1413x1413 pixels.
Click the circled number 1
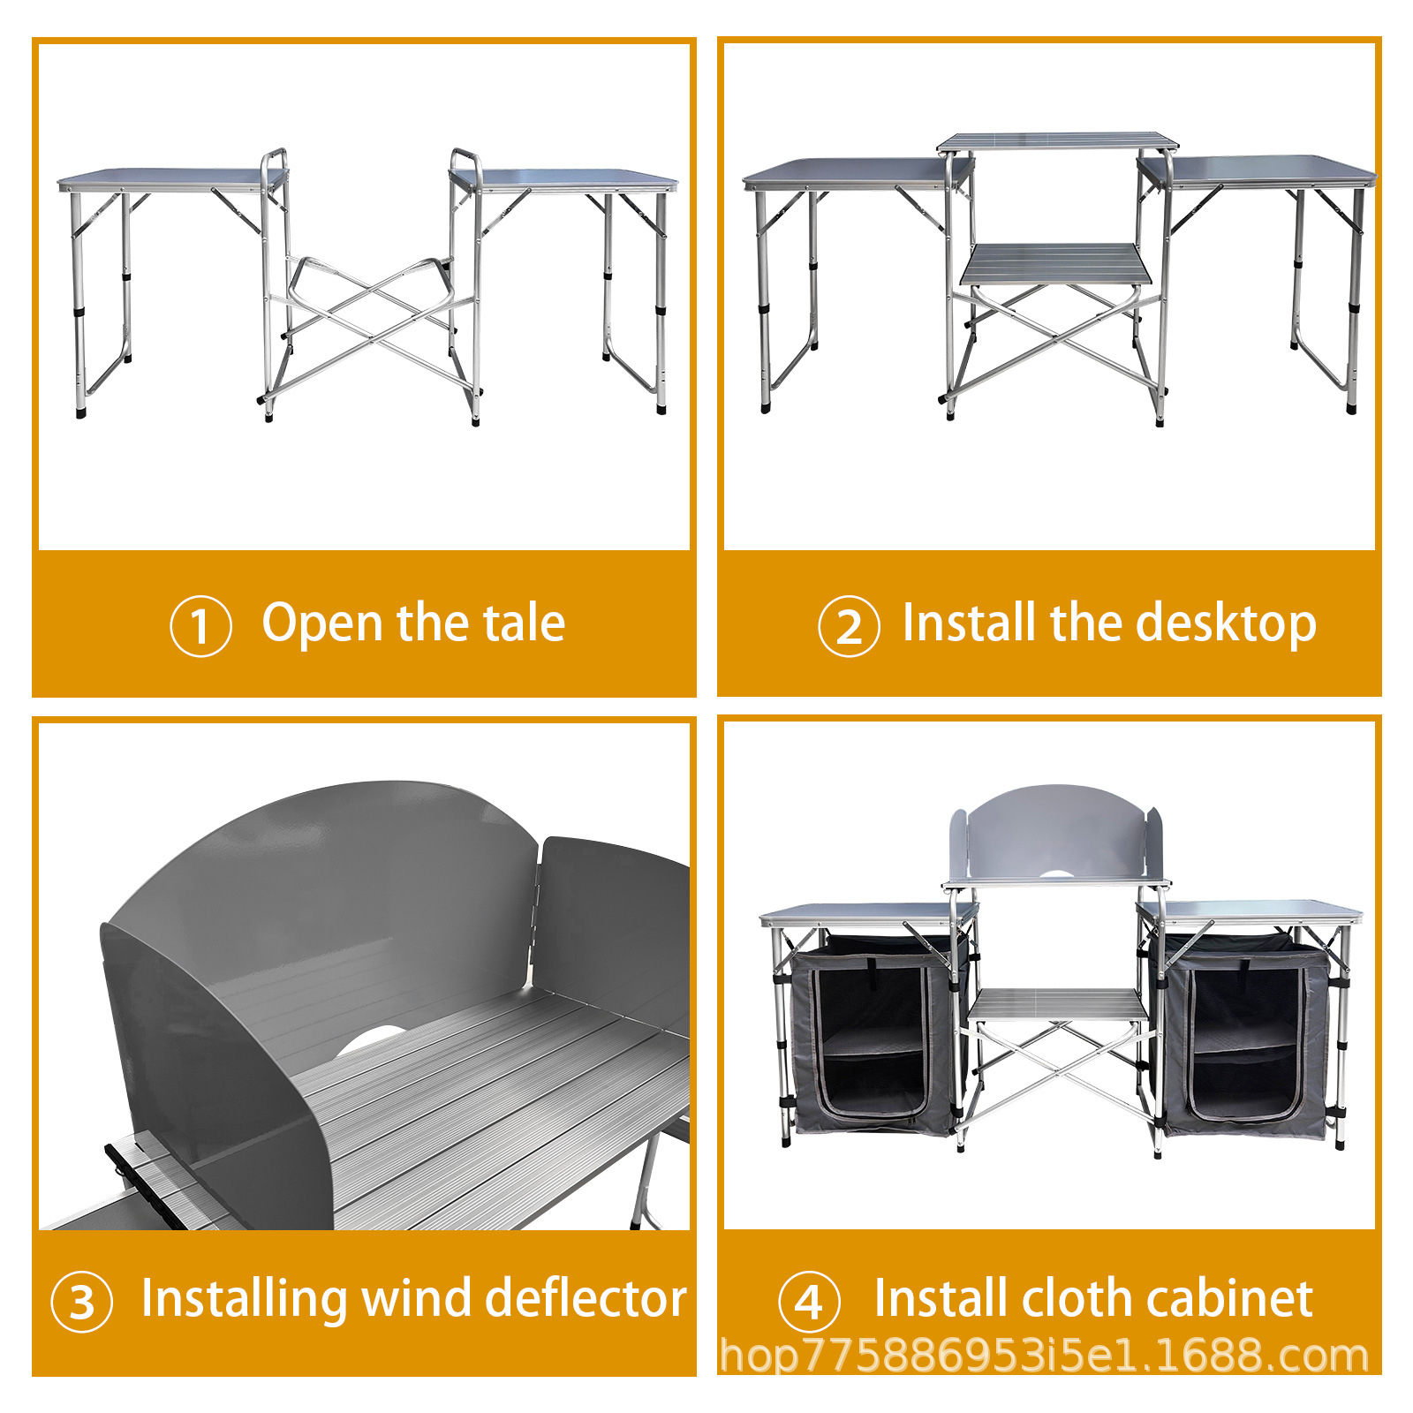(200, 626)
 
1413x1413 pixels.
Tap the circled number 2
(849, 626)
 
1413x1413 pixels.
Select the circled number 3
(82, 1302)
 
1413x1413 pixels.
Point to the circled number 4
(809, 1302)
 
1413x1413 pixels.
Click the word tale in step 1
(524, 623)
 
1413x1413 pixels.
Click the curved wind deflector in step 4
(1056, 830)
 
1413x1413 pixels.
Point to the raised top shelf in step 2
(1058, 142)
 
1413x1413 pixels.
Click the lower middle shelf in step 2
(1056, 263)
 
